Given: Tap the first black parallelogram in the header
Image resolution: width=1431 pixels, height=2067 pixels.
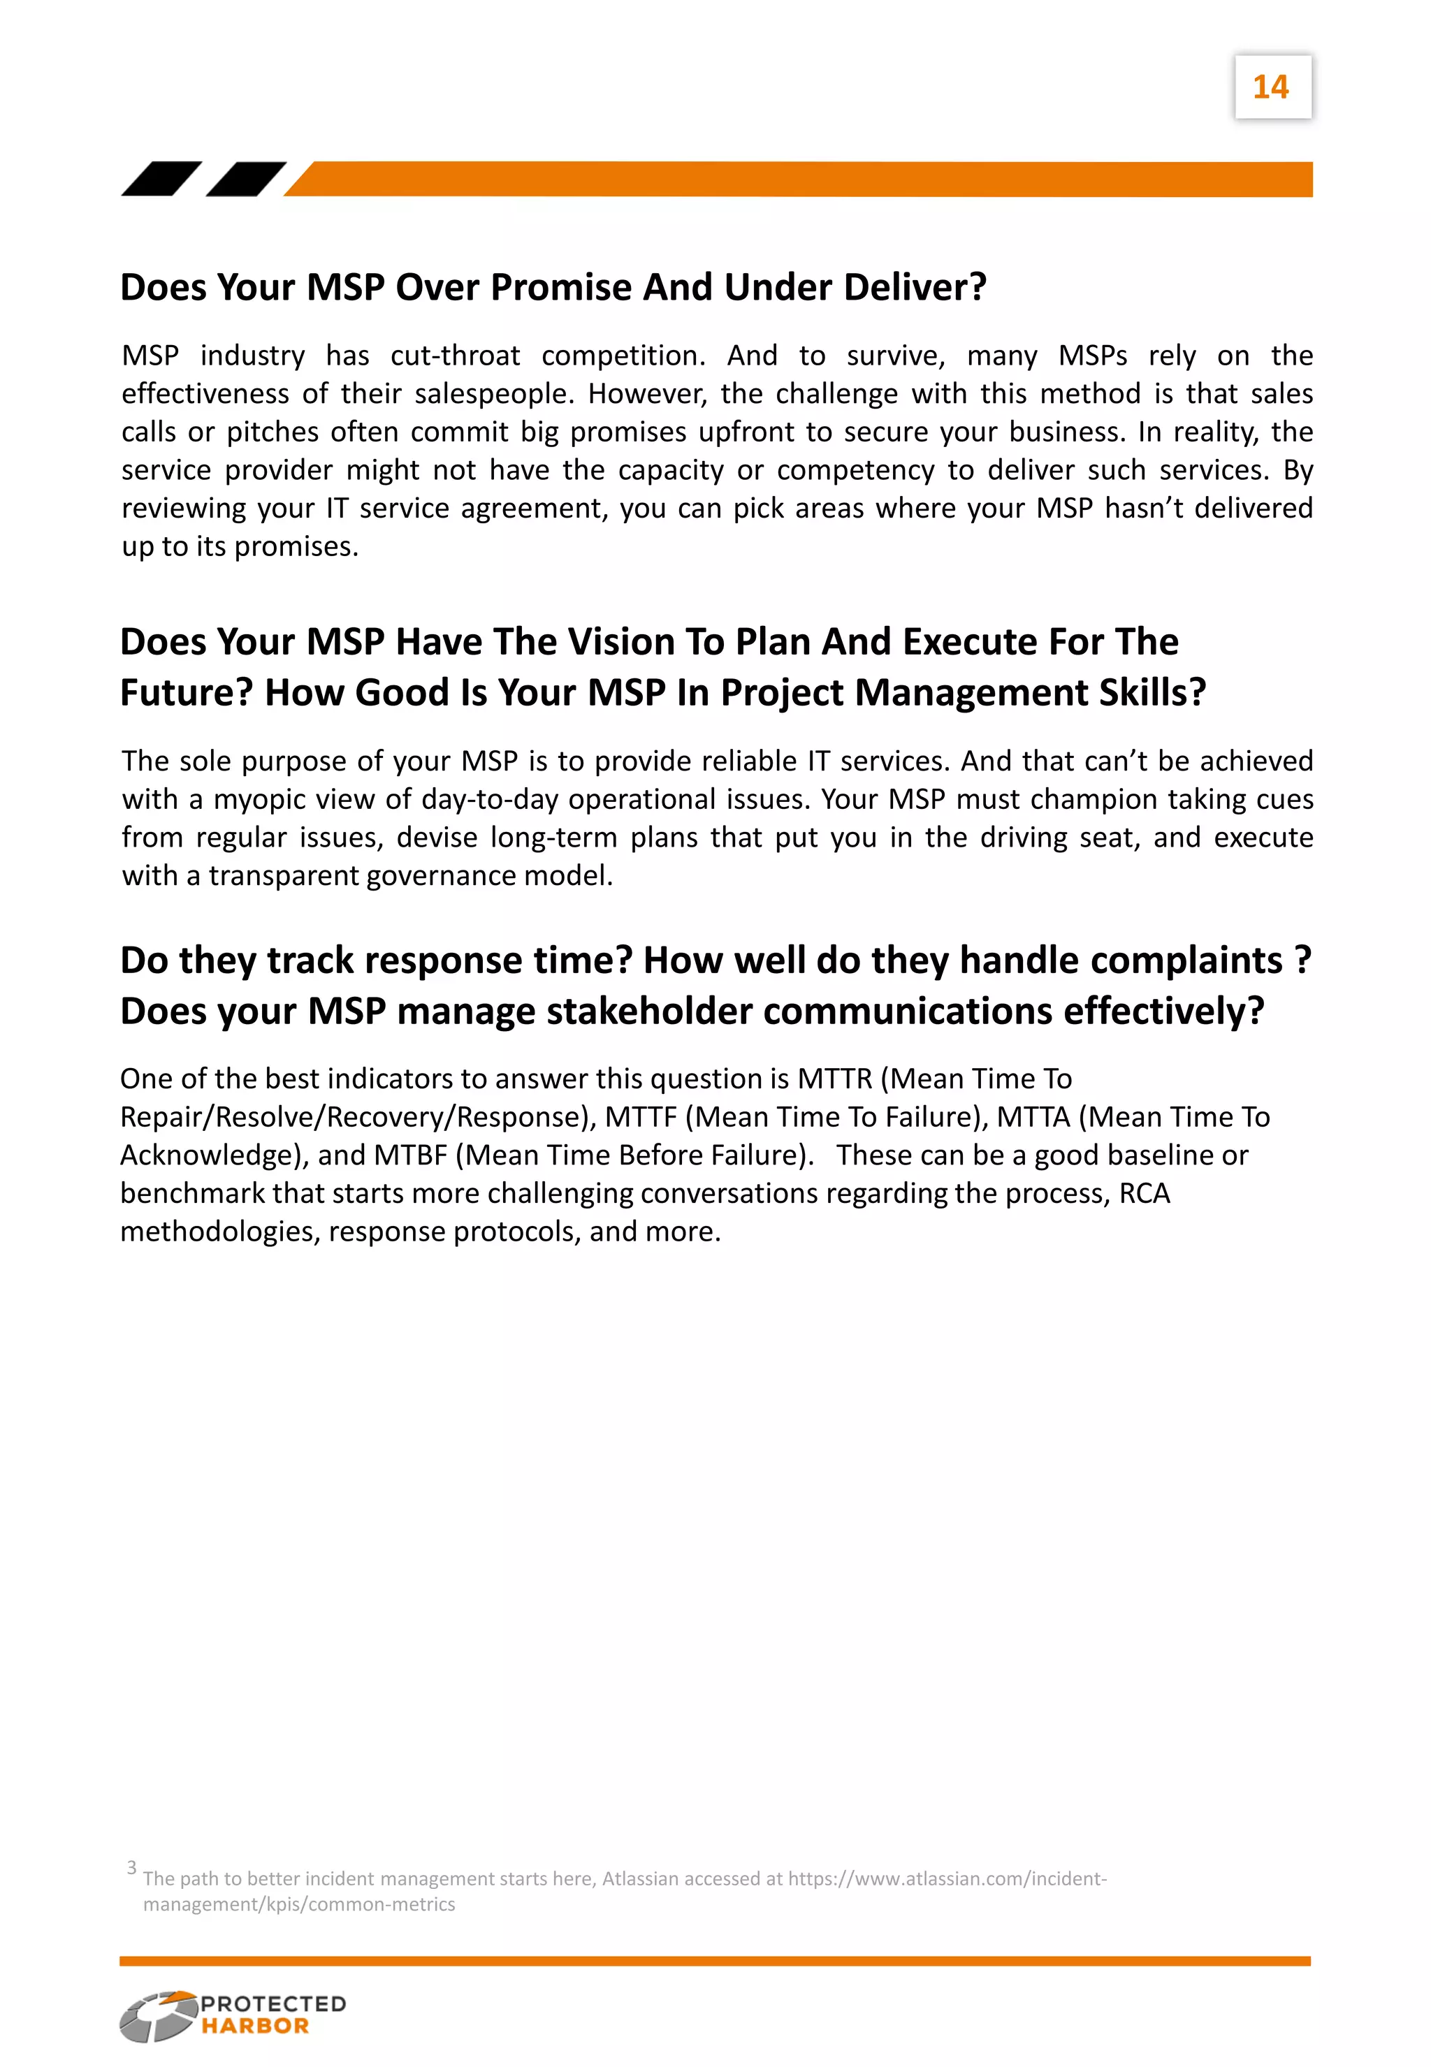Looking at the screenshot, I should coord(161,178).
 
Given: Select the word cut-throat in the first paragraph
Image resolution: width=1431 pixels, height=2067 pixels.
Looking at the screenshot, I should coord(455,356).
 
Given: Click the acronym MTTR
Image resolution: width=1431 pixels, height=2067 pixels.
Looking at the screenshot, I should coord(834,1079).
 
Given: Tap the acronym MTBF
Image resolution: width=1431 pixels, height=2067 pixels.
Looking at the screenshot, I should coord(409,1155).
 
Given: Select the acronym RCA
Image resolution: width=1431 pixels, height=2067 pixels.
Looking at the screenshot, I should coord(1144,1194).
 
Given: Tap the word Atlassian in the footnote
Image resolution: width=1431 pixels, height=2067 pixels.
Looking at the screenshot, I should coord(639,1880).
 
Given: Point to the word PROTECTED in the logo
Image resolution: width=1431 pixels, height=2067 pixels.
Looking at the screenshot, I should coord(273,2004).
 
